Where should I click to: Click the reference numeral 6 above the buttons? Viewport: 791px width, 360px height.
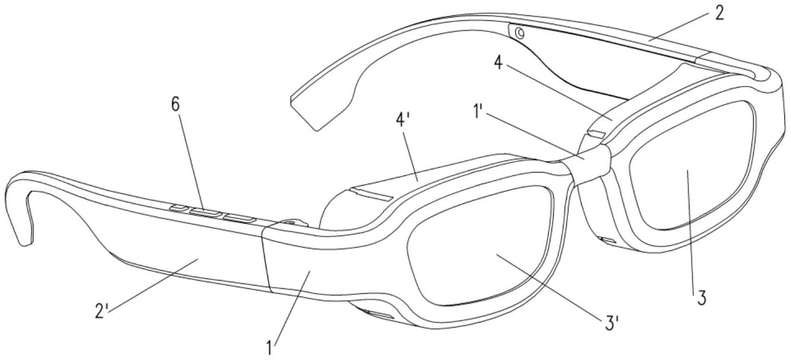(x=175, y=105)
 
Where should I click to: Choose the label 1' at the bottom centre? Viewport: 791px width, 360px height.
(x=270, y=347)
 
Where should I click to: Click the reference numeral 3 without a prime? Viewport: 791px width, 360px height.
(x=701, y=298)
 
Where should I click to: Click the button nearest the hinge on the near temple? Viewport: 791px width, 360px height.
(x=240, y=219)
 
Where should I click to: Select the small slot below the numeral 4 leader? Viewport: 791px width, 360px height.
(x=597, y=134)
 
